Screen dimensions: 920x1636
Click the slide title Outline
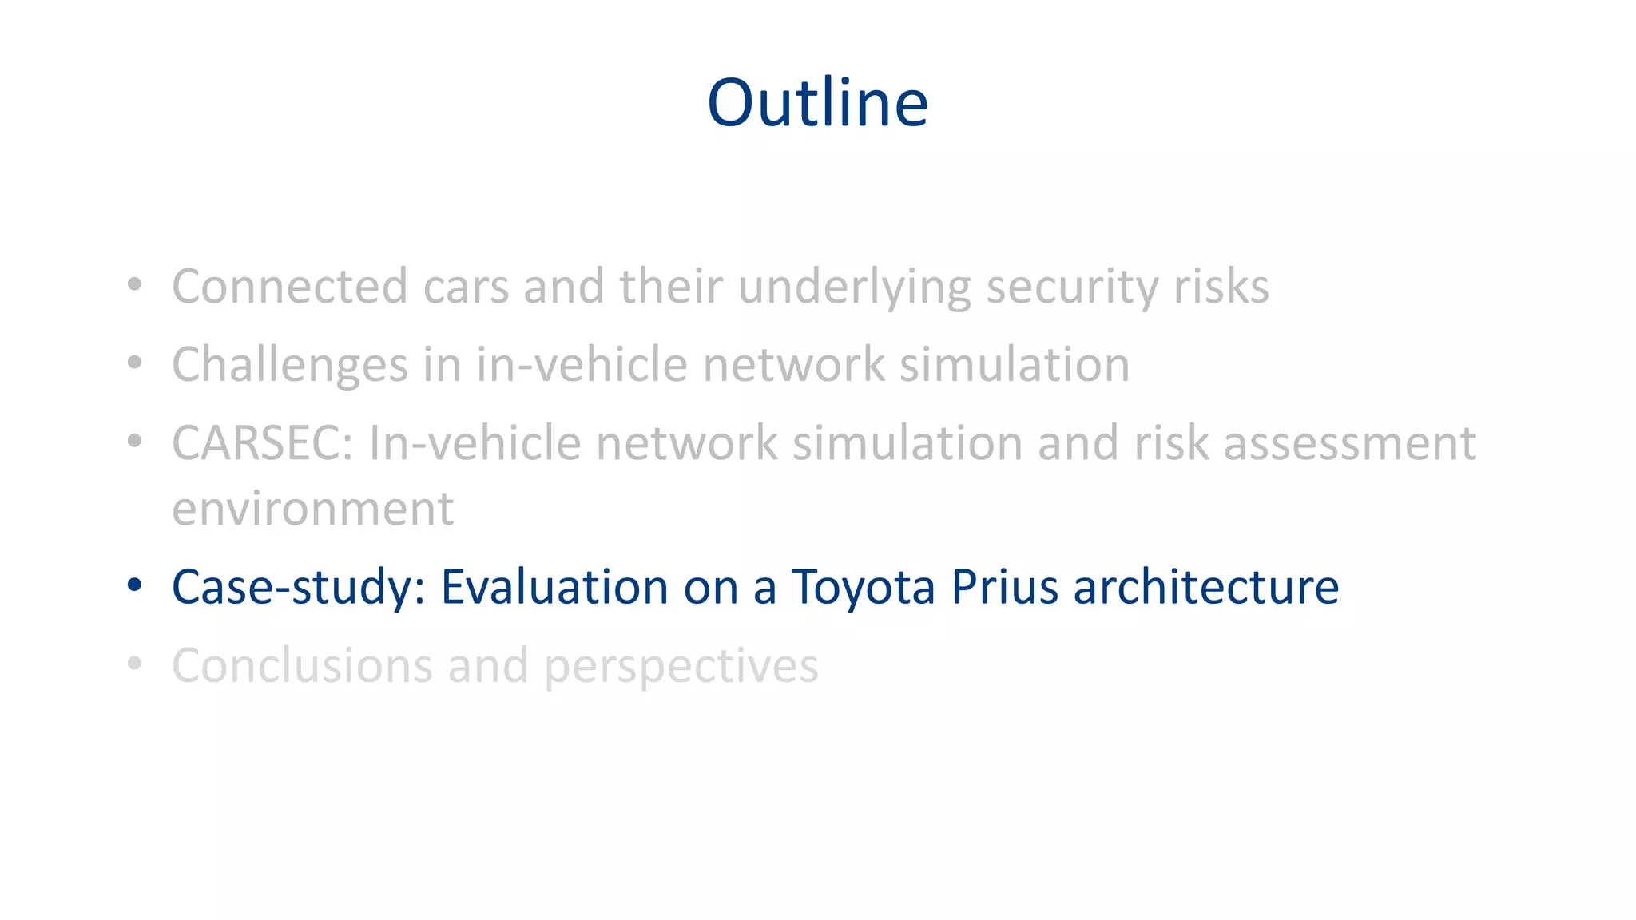point(817,103)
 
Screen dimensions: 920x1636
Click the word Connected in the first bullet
point(289,286)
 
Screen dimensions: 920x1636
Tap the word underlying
point(854,287)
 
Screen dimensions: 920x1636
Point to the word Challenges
point(290,365)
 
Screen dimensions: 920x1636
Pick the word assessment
point(1349,443)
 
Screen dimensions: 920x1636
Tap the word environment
point(312,509)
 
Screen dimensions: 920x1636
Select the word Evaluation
point(554,587)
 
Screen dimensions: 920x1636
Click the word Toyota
point(863,587)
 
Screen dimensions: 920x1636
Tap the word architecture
point(1205,587)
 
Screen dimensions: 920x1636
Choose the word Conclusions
point(302,665)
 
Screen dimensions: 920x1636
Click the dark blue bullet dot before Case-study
point(134,585)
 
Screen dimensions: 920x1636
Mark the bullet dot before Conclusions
point(134,664)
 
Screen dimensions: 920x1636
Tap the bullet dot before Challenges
point(134,363)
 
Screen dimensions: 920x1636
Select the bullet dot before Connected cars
point(134,285)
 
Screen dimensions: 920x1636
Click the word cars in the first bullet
point(466,286)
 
